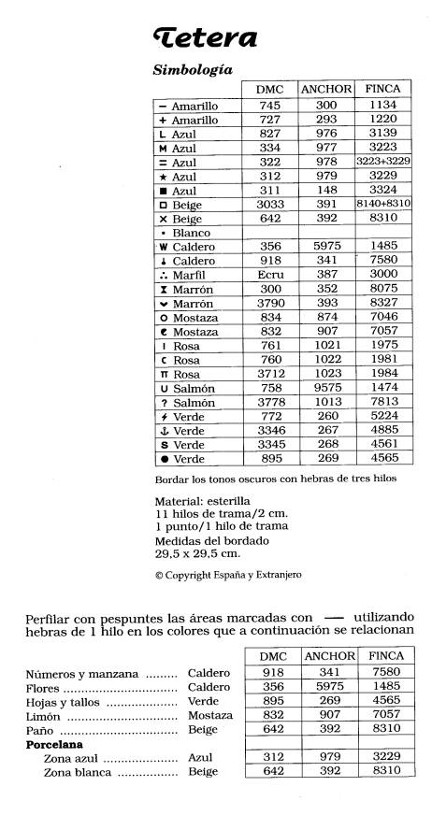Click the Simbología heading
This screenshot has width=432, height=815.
click(192, 70)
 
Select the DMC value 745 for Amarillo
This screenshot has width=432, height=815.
click(269, 106)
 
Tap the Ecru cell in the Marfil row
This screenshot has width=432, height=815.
click(269, 275)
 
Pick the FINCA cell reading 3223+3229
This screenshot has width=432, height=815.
click(383, 162)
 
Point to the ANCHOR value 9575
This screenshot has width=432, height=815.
click(325, 388)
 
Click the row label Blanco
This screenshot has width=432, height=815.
click(191, 233)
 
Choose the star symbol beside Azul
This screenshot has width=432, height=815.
click(163, 177)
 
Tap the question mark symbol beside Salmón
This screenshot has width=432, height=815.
click(163, 402)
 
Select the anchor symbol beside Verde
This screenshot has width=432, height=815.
click(163, 430)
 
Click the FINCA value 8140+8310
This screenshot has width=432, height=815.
click(383, 204)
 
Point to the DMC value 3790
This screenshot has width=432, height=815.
click(269, 303)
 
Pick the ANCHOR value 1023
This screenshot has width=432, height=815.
click(325, 374)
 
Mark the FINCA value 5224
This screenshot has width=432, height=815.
click(383, 416)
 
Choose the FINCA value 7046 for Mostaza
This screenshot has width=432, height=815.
click(383, 317)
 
